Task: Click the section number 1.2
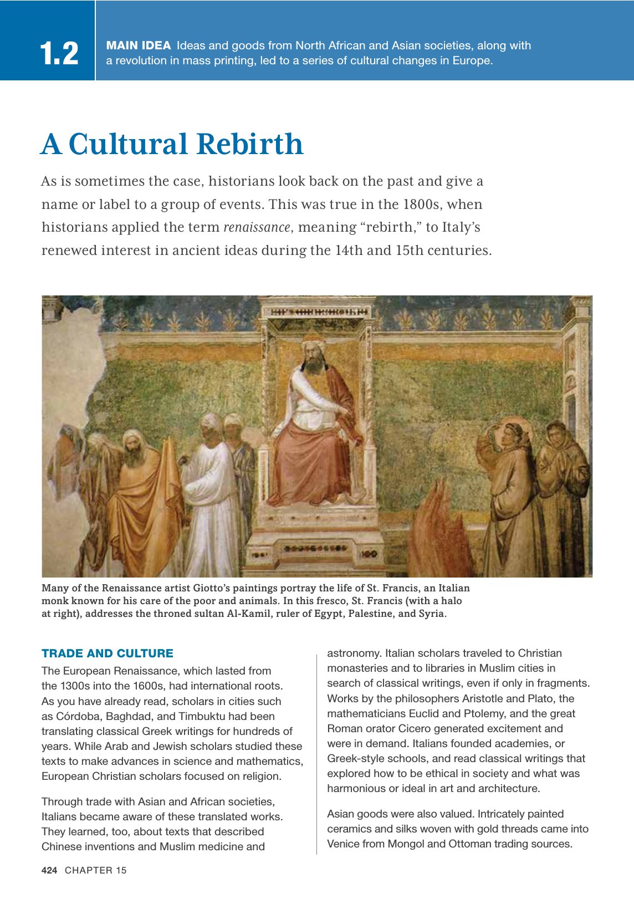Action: pos(59,54)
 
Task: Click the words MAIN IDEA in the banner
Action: pos(138,45)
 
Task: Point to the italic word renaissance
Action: pos(257,227)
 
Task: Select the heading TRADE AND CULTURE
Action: pos(108,653)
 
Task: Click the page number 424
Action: pos(49,870)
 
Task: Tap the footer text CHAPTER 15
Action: pos(96,870)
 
